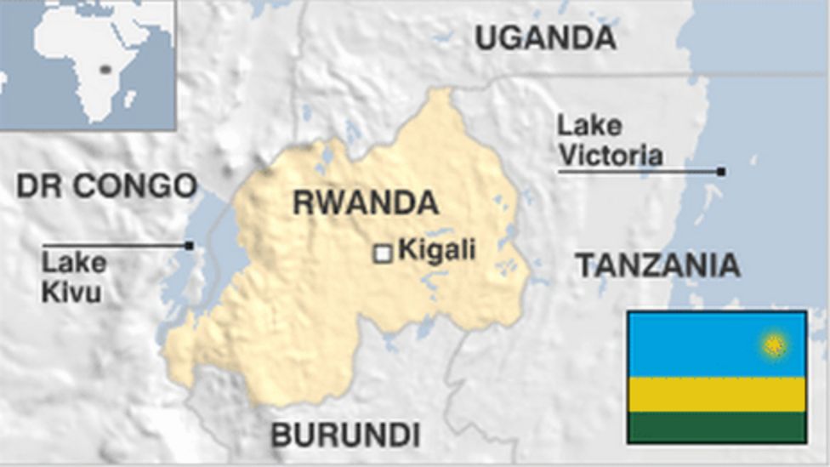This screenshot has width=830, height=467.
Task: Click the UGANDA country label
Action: (x=544, y=37)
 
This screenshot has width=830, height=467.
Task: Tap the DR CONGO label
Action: (x=107, y=185)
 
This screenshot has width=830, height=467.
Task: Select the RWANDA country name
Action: (x=366, y=203)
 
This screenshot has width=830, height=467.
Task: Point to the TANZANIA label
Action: (x=657, y=265)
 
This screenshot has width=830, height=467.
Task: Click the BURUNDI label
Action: (x=345, y=435)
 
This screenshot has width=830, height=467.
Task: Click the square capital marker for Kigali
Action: (x=384, y=253)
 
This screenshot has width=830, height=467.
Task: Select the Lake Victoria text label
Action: (x=609, y=140)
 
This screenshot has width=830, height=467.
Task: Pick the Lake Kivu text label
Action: (x=74, y=276)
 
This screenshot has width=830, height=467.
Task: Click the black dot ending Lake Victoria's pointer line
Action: (x=721, y=172)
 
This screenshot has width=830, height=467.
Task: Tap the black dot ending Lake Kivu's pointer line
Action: (x=189, y=246)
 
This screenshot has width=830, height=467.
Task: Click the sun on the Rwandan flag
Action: (x=774, y=345)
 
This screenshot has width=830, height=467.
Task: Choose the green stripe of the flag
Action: (x=716, y=427)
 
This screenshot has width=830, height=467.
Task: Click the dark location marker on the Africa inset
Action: (x=105, y=69)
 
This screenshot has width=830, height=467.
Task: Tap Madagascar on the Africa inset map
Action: (x=130, y=99)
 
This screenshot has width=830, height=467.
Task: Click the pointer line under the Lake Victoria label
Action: (x=638, y=172)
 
